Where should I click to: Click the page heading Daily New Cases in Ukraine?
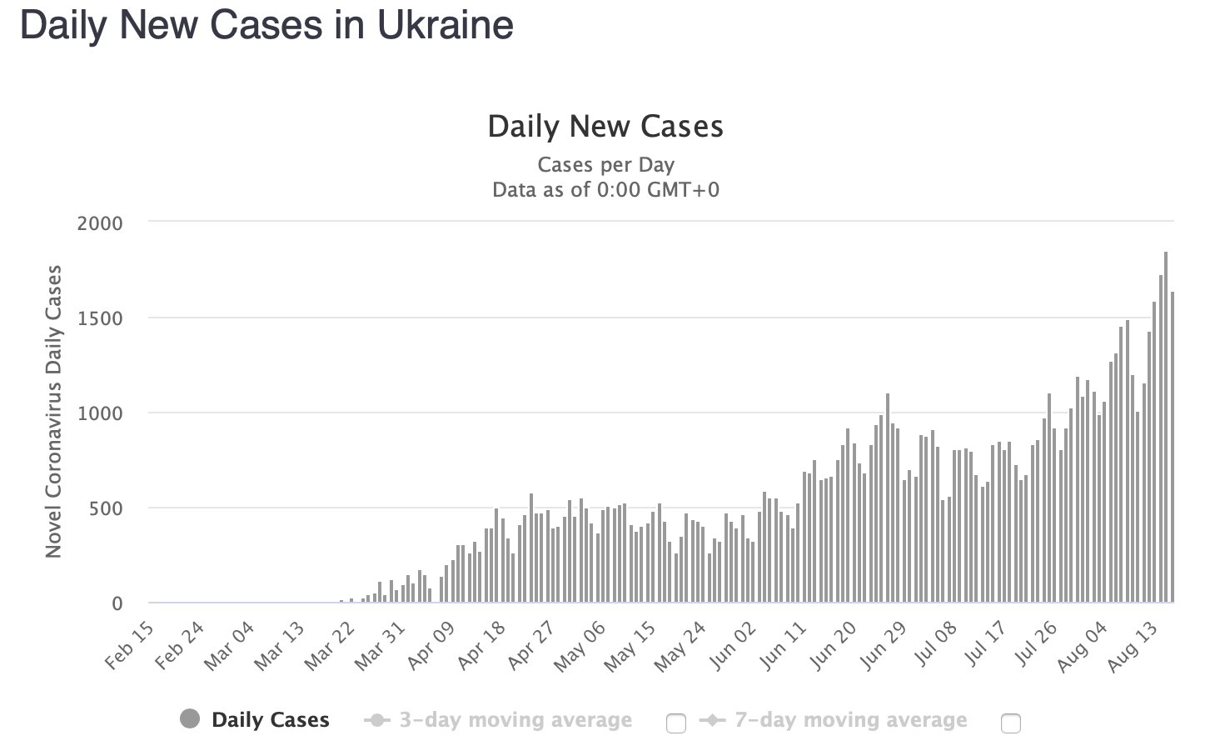point(266,25)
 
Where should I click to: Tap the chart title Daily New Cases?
point(605,127)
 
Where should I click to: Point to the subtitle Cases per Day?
point(605,164)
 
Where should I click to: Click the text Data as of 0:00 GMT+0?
point(605,189)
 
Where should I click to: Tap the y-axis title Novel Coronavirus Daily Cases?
point(54,411)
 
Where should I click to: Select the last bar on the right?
point(1172,447)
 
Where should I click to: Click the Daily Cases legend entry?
point(271,720)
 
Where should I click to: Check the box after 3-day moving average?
point(676,723)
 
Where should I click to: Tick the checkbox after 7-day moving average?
point(1010,723)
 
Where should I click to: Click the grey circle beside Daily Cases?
point(190,719)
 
